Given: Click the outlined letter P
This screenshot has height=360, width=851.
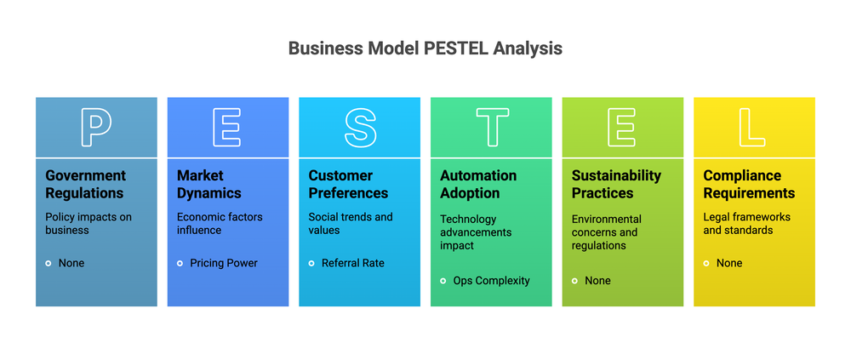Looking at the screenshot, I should tap(96, 128).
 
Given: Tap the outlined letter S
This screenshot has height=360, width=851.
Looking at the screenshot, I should tap(360, 128).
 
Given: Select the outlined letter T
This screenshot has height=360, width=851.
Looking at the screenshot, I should tap(492, 128).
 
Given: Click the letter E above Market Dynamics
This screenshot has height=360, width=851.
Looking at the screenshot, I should tap(228, 128).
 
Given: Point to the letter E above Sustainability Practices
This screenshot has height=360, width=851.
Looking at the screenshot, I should tap(622, 128).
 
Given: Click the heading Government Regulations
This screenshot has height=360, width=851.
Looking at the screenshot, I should tap(85, 184).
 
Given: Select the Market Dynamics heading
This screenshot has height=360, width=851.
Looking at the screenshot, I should tap(208, 184).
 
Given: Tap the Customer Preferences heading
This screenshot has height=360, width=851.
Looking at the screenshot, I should tap(348, 184).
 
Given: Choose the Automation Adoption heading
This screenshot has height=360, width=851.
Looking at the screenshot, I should tap(478, 184).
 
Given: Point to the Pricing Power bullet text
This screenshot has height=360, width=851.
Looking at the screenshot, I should tap(224, 263).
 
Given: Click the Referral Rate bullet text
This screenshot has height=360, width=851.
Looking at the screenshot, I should tap(353, 263).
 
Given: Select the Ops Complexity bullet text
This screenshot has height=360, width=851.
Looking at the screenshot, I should tap(491, 281).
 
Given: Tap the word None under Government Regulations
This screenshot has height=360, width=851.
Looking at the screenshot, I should tap(71, 263).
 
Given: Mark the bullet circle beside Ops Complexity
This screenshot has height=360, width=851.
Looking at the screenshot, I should tap(443, 281).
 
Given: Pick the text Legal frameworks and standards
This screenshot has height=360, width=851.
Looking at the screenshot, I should tap(746, 223).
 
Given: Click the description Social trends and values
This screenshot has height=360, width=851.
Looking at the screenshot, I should tap(351, 223).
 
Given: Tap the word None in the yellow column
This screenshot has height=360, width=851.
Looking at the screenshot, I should tap(729, 263).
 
